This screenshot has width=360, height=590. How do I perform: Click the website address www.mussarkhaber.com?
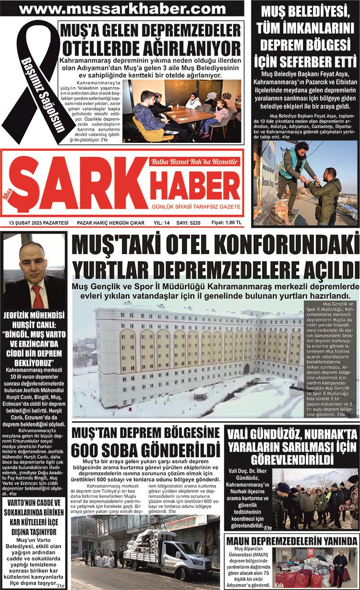click(x=123, y=8)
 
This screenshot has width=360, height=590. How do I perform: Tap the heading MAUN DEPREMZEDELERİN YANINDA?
click(x=291, y=541)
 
